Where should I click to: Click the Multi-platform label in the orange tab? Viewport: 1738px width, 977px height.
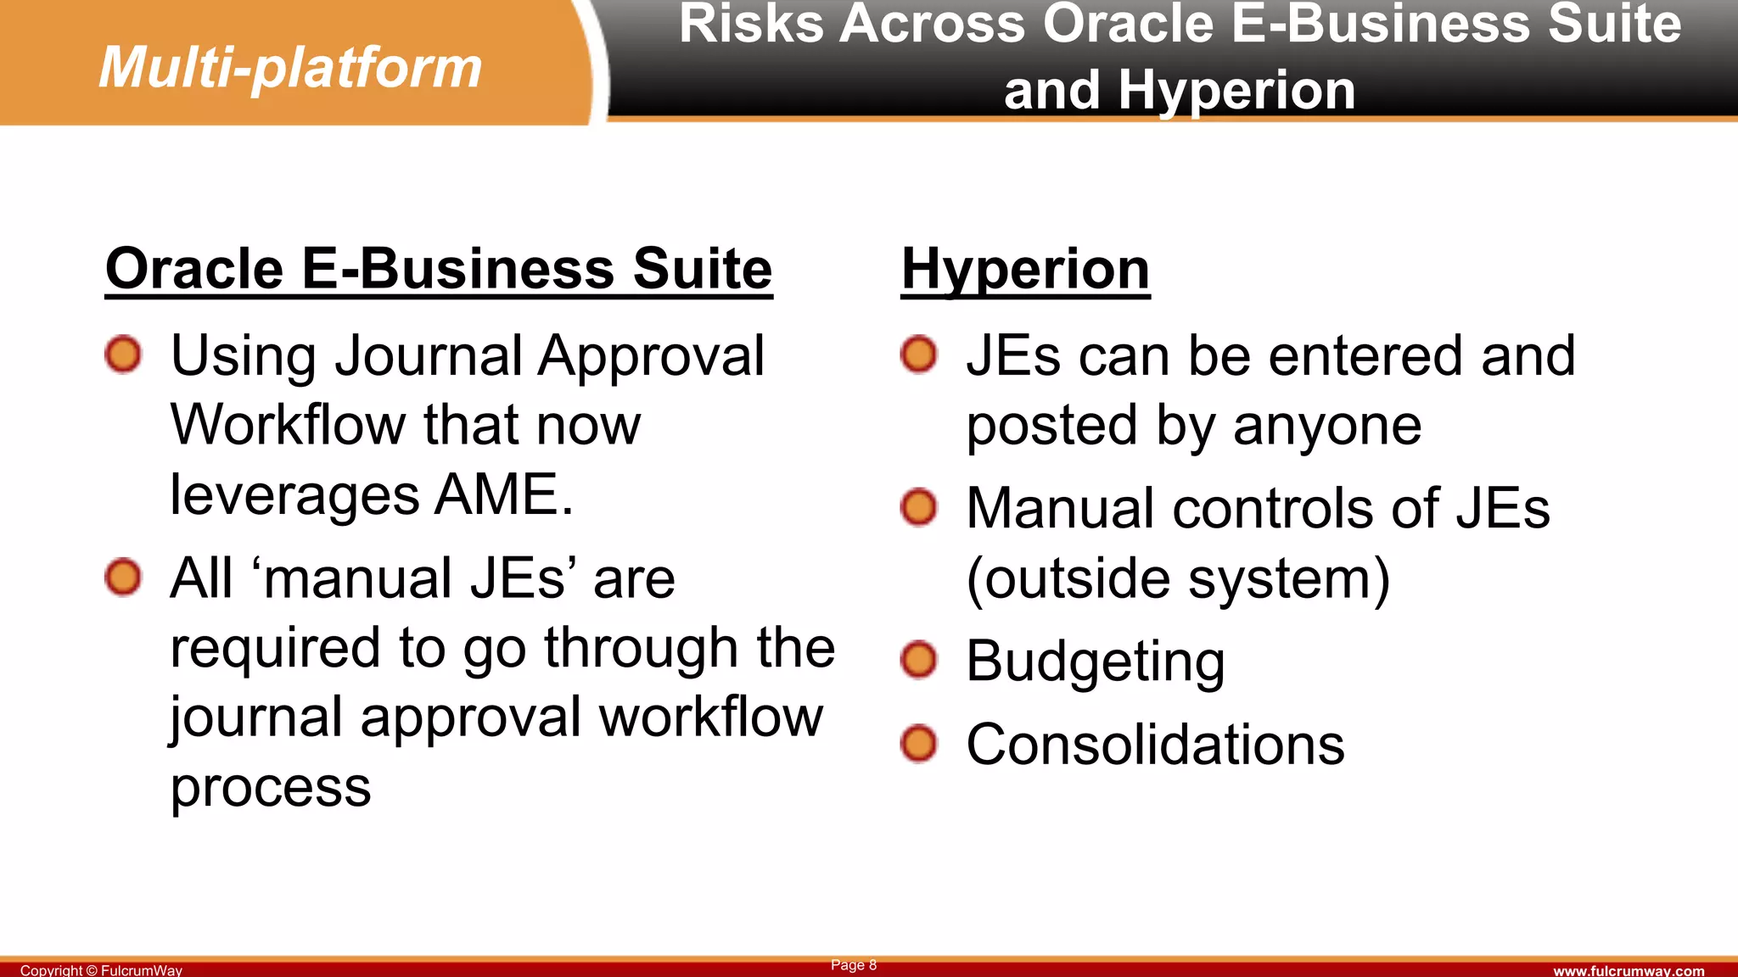(x=290, y=68)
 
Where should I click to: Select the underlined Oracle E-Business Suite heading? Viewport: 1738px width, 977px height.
(x=439, y=269)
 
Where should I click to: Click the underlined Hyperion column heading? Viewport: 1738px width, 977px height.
(x=1025, y=269)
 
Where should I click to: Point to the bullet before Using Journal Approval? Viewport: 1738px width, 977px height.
(x=123, y=354)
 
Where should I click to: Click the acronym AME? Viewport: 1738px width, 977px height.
(x=503, y=494)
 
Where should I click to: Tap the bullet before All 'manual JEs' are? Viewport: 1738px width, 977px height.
(x=123, y=578)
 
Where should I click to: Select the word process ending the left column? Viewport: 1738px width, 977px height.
(x=271, y=787)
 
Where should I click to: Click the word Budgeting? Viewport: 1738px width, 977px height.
(x=1095, y=662)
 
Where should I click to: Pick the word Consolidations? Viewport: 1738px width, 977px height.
(x=1155, y=745)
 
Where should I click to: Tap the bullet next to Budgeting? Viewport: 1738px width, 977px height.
(x=918, y=660)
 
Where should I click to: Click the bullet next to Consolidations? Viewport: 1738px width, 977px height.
(x=918, y=744)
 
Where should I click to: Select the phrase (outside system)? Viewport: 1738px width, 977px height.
(x=1178, y=579)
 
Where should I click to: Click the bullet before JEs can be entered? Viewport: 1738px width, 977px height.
(x=918, y=354)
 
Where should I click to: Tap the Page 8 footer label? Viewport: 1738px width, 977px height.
(x=853, y=965)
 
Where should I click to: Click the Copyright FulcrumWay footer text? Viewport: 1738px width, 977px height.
(x=101, y=970)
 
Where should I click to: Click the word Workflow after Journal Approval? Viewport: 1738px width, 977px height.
(x=288, y=425)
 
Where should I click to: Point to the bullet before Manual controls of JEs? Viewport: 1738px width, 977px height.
(x=918, y=507)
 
